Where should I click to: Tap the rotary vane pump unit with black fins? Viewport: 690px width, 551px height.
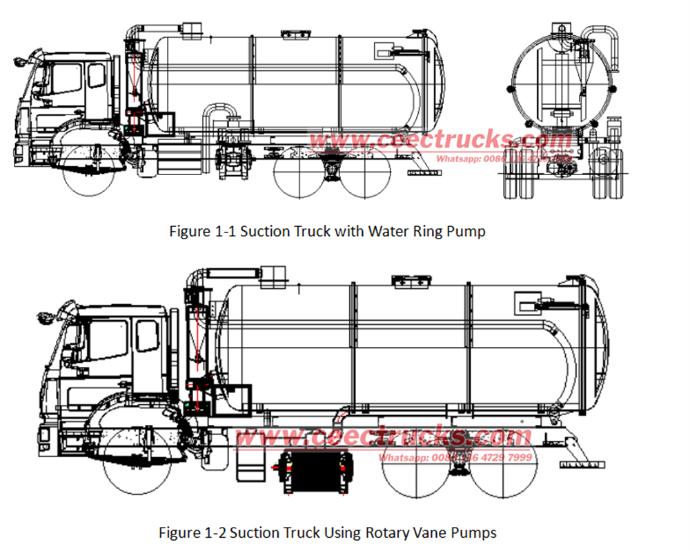(x=317, y=472)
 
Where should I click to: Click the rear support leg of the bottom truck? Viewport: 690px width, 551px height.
(x=576, y=452)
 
